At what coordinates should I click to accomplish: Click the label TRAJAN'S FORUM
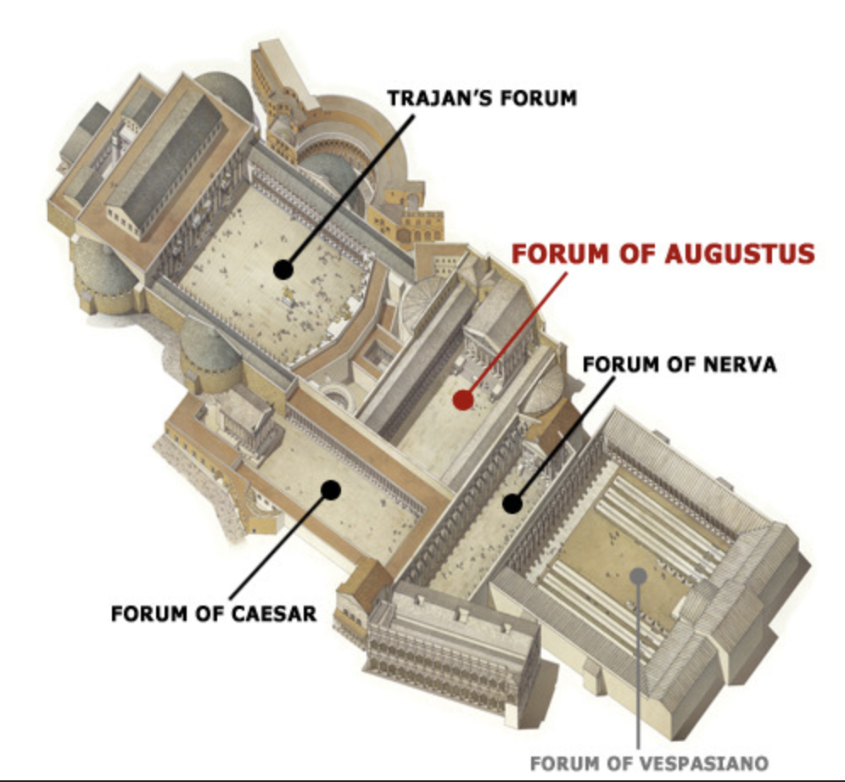click(x=482, y=98)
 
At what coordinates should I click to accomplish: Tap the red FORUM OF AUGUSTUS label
click(x=663, y=254)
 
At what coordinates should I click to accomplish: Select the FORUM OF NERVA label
click(x=680, y=365)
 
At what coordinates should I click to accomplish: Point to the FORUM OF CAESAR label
click(x=214, y=613)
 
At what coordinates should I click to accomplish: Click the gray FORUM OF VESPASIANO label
click(x=649, y=762)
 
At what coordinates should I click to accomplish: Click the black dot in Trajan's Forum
click(x=283, y=270)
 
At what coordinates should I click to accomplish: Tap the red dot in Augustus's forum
click(x=462, y=399)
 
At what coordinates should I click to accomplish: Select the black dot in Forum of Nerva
click(x=512, y=504)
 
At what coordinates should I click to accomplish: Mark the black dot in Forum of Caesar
click(x=330, y=489)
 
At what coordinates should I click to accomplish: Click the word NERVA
click(x=741, y=365)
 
